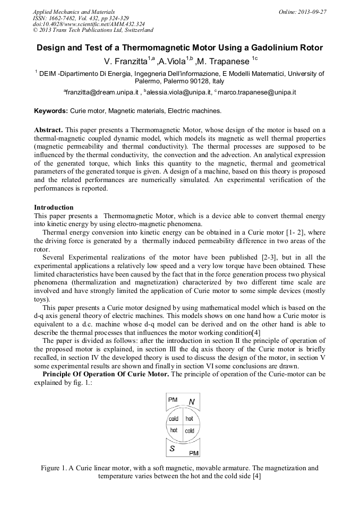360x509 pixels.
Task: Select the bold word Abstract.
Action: (x=48, y=130)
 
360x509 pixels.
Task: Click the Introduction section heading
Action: (x=54, y=208)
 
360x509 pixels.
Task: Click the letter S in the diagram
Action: (x=173, y=449)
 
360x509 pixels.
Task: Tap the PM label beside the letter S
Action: (x=194, y=453)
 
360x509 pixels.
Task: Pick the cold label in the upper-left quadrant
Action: (x=174, y=419)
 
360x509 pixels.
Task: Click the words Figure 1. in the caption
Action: (x=55, y=468)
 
